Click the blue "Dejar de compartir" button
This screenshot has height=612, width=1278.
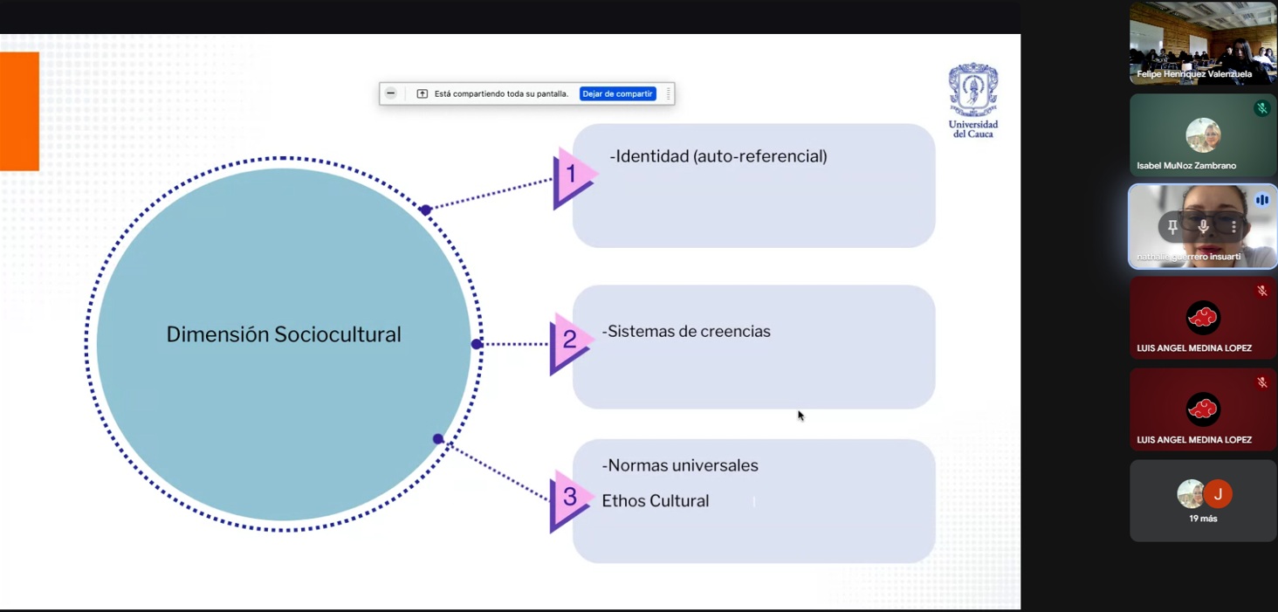tap(617, 94)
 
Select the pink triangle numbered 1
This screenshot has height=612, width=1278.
tap(572, 175)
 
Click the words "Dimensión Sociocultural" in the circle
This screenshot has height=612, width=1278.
tap(284, 334)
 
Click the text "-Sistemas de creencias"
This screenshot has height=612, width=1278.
tap(686, 332)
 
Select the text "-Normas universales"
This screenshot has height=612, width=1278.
tap(680, 465)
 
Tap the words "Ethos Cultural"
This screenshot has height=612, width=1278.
tap(655, 501)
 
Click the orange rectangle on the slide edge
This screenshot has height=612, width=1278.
tap(19, 111)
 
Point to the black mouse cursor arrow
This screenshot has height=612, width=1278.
tap(800, 416)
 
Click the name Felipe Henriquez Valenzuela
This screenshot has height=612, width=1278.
tap(1194, 74)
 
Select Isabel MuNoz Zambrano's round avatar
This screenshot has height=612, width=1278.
tap(1203, 134)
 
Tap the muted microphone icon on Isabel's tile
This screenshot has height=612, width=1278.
tap(1261, 108)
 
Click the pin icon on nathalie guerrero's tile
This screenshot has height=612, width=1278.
tap(1172, 227)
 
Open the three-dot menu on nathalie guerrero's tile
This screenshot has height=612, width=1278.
tap(1233, 227)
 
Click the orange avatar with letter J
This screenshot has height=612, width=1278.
tap(1218, 494)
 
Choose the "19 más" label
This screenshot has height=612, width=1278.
tap(1203, 519)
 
